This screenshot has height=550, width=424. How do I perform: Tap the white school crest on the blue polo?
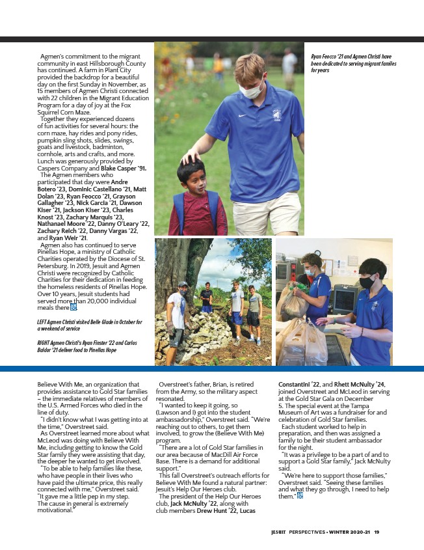277,115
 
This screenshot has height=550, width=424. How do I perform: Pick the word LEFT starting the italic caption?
43,322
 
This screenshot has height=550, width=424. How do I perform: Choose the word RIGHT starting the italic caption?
44,342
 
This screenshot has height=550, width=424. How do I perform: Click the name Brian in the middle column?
221,385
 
